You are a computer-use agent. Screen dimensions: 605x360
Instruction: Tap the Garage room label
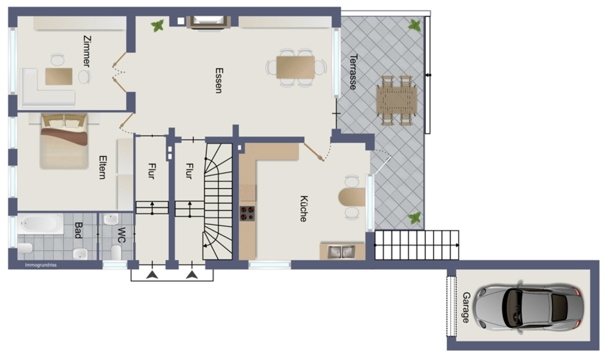466,307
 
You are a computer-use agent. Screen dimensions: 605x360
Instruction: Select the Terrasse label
353,72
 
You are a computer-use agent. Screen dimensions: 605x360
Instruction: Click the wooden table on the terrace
396,100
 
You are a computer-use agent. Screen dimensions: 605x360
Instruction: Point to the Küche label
304,209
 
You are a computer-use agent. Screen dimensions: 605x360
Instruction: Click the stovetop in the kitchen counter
247,214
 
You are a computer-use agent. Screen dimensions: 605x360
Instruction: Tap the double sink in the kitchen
341,252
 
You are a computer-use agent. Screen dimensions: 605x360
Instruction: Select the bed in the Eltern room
64,141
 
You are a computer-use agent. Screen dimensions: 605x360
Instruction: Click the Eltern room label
103,167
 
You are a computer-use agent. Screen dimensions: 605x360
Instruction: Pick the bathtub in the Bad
40,224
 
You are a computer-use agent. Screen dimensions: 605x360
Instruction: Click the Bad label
78,231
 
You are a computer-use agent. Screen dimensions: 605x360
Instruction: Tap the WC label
121,235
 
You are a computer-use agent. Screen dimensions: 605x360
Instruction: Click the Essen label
219,80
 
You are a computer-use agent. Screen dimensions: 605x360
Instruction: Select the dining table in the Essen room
296,68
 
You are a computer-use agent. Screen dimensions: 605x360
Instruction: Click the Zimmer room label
87,51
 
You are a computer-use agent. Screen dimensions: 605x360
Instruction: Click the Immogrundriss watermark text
41,265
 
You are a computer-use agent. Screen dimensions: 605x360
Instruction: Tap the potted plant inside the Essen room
157,26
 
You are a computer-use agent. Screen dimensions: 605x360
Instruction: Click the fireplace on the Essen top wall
208,22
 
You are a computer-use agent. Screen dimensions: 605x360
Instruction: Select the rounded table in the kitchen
352,197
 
